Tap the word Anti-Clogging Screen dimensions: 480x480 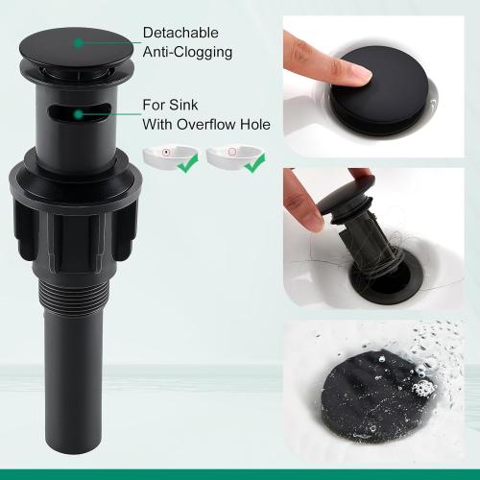point(187,52)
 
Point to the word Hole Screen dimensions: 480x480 point(255,124)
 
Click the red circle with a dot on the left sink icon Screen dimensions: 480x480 point(165,152)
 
